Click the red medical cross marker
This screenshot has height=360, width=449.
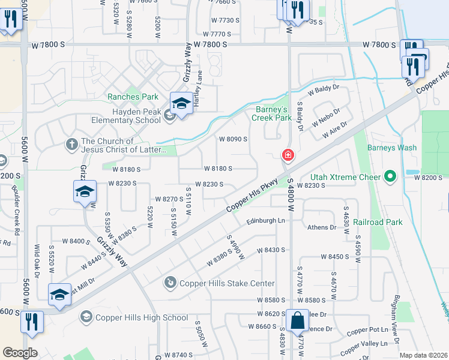tap(288, 156)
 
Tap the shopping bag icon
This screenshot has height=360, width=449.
tap(297, 321)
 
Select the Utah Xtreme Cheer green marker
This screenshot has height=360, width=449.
tap(391, 177)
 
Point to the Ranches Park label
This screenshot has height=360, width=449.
tap(133, 97)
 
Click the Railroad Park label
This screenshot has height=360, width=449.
tap(378, 222)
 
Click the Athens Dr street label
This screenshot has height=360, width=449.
tap(322, 227)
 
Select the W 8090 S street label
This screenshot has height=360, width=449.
tap(234, 139)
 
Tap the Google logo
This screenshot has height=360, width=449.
tap(20, 353)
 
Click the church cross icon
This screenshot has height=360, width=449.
tap(71, 143)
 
